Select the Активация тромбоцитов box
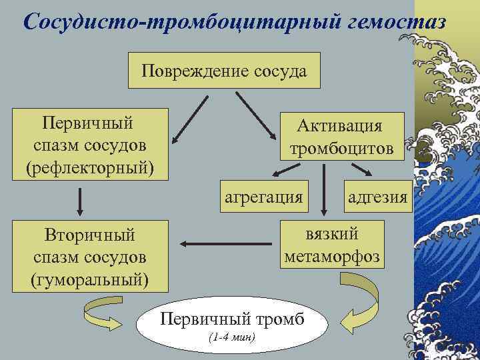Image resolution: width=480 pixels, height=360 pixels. click(341, 136)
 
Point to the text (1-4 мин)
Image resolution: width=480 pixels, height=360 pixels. click(231, 337)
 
